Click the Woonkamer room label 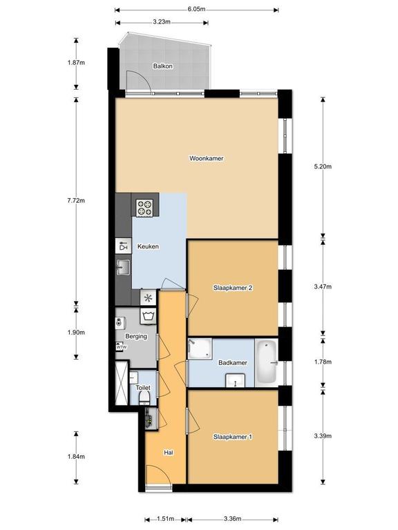[206, 158]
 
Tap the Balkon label [163, 66]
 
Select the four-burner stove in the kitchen [144, 208]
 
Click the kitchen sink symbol [123, 267]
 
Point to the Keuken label [148, 246]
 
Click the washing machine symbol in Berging [149, 316]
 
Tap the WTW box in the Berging [121, 347]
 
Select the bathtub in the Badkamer [267, 363]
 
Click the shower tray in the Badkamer [200, 349]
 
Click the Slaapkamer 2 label [233, 288]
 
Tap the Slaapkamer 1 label [233, 437]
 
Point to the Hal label [169, 452]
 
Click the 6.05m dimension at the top [197, 10]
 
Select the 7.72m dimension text [76, 200]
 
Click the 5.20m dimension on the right [323, 166]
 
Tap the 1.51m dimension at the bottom [166, 519]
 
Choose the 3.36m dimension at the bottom [232, 519]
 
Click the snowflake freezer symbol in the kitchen [149, 298]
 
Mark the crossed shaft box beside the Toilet [122, 383]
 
